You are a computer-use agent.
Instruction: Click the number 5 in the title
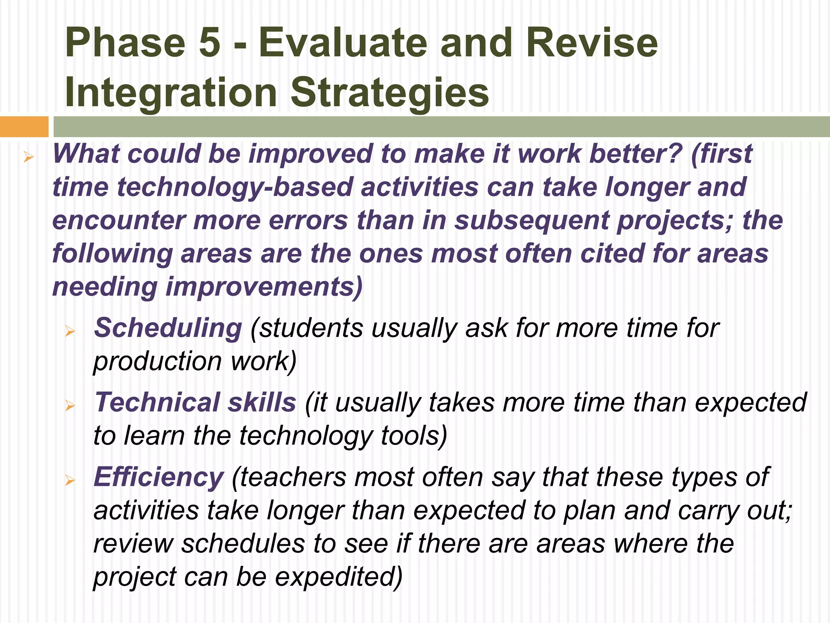[x=210, y=43]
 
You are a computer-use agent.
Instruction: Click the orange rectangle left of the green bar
[x=24, y=127]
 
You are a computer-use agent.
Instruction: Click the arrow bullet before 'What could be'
[x=28, y=157]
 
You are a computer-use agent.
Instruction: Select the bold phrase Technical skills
[x=195, y=402]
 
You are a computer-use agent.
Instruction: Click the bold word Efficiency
[x=158, y=477]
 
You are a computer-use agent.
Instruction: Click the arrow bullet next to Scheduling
[x=70, y=332]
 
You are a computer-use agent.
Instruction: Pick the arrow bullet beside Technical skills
[x=70, y=406]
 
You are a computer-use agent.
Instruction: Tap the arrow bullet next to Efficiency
[x=70, y=481]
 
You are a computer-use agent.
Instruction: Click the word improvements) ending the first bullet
[x=264, y=287]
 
